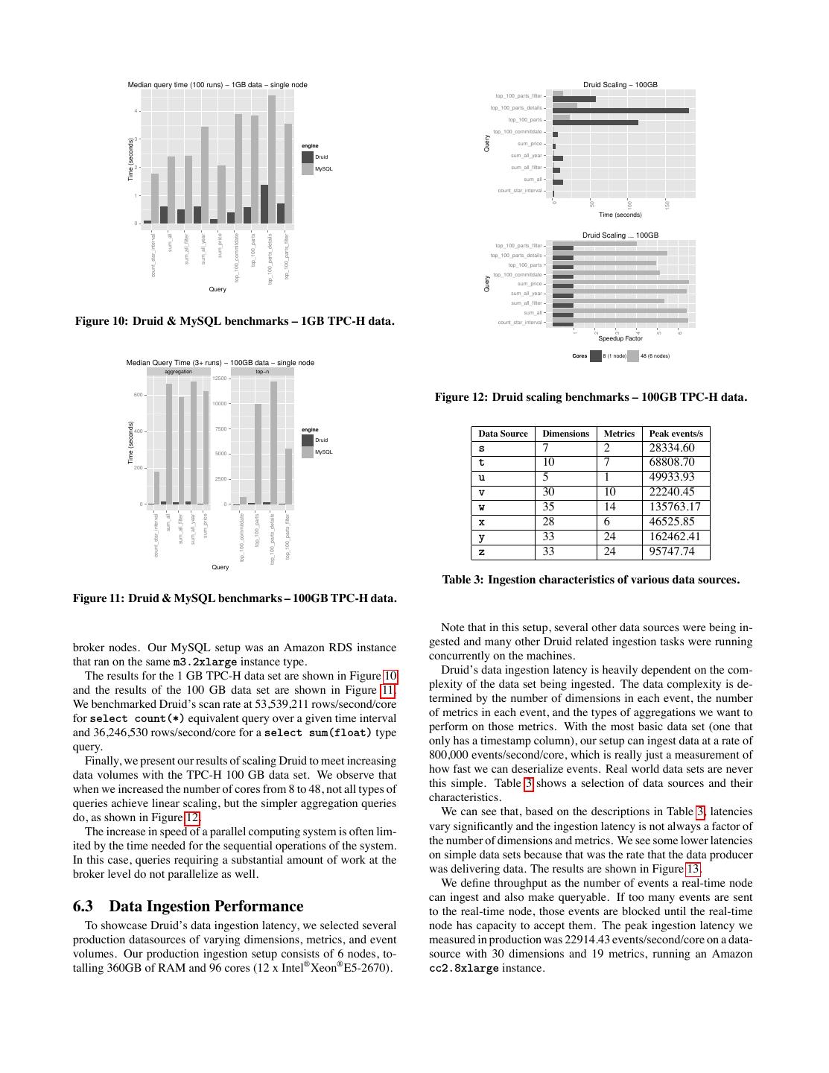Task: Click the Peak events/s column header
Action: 676,434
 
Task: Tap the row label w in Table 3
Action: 482,507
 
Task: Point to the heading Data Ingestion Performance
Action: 206,906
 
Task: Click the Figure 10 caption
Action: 235,321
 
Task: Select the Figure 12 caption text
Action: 591,397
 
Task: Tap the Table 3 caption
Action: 591,580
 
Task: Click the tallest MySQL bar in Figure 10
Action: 272,158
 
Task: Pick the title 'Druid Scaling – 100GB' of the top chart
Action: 620,85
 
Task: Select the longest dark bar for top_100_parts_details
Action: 620,111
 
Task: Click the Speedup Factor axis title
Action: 620,338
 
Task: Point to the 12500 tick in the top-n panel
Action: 220,379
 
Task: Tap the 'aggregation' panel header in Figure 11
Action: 178,371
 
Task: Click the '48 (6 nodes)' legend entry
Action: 654,356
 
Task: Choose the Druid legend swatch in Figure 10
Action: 308,157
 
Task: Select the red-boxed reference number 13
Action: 693,869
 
